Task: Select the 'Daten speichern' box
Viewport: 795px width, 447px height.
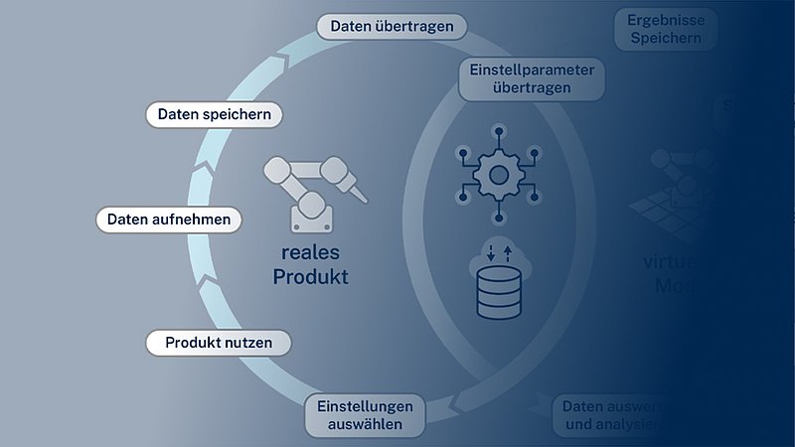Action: click(214, 115)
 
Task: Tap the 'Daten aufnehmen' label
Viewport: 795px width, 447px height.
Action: click(168, 219)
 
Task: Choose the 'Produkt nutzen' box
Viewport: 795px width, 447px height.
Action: click(220, 343)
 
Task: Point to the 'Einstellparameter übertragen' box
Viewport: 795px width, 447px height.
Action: click(531, 78)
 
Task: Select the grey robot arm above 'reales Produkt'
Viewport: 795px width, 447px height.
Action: click(311, 189)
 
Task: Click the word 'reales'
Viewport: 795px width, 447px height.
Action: click(311, 252)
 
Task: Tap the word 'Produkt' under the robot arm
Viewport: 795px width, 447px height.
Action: click(311, 277)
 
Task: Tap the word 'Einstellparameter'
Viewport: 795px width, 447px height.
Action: click(531, 70)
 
